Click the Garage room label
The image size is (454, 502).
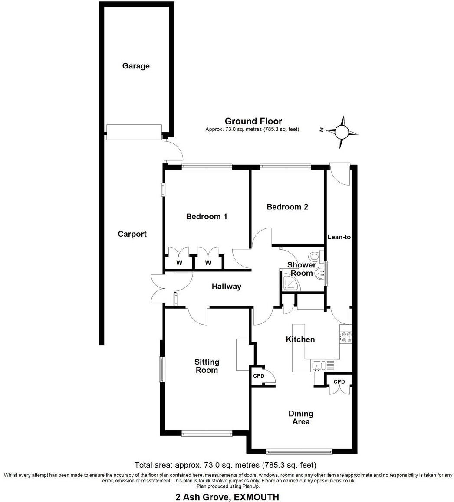pos(136,66)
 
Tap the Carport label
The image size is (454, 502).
pos(132,234)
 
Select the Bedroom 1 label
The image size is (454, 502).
pos(207,216)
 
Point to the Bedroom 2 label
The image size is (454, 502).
pos(287,207)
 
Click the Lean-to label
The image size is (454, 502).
pos(339,237)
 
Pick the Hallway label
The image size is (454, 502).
pos(227,286)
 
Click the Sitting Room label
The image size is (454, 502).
pos(207,366)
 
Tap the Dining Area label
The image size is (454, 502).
pos(301,417)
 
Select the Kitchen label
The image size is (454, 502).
pos(300,339)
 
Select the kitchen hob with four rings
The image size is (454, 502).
pos(346,337)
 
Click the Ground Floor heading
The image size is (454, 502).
pos(253,121)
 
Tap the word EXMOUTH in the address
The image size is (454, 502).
pos(256,497)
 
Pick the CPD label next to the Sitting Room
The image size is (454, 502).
pos(259,376)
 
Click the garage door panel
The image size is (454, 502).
pos(134,132)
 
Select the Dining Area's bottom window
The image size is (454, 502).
pos(299,451)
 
